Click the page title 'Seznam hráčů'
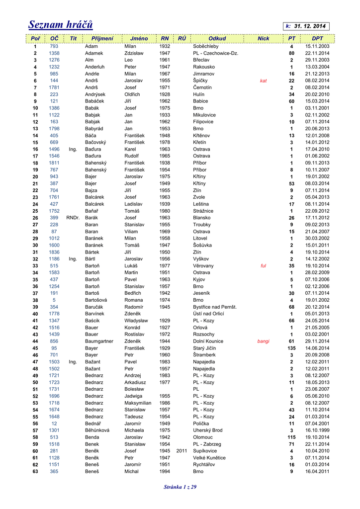point(60,24)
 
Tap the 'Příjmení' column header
point(102,38)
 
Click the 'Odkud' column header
point(217,38)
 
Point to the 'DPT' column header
point(317,38)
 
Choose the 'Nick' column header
point(263,38)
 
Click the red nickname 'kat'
point(263,81)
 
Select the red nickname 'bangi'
point(263,341)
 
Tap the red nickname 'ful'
point(263,265)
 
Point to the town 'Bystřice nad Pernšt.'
point(215,307)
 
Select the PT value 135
point(291,348)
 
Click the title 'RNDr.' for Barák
point(73,218)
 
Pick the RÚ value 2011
point(181,451)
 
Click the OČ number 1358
point(54,53)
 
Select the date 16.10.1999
point(317,430)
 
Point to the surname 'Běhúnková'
point(99,430)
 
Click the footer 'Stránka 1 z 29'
point(180,487)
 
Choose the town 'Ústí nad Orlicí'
point(209,314)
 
